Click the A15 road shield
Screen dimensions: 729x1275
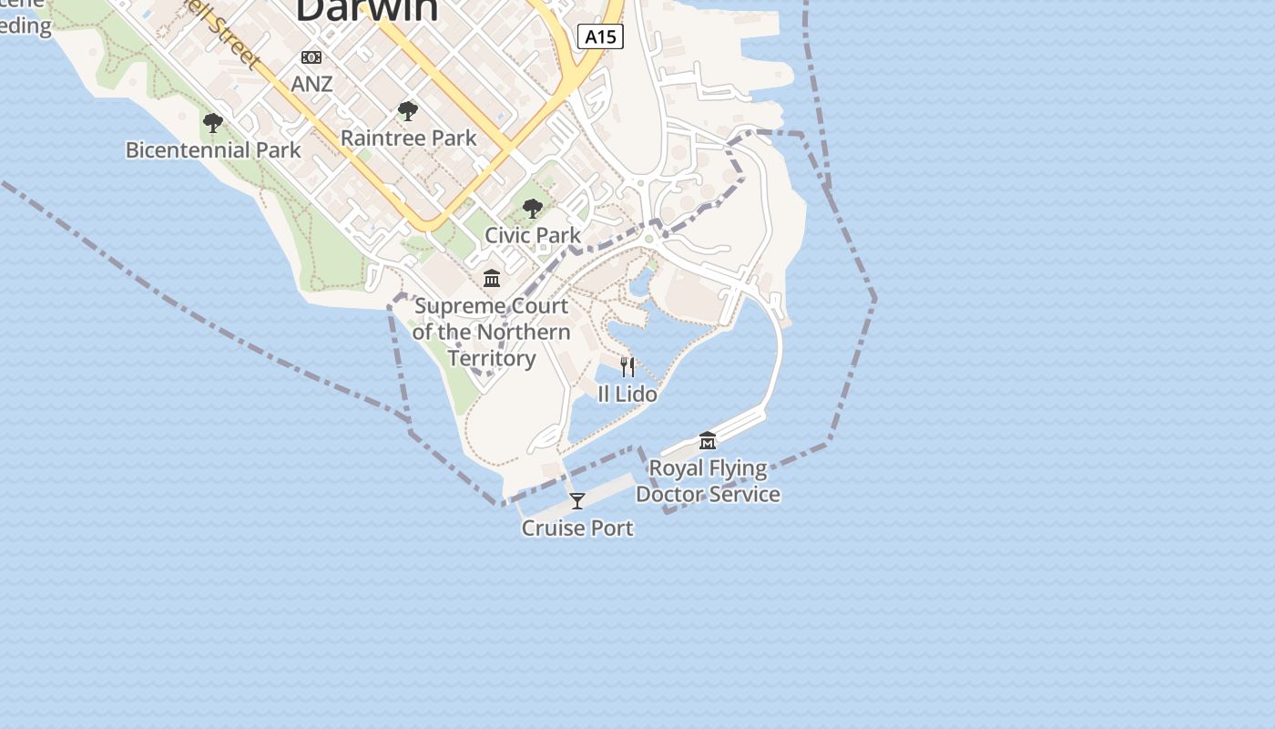600,37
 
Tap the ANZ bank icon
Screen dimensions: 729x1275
311,57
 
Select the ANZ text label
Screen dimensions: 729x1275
311,84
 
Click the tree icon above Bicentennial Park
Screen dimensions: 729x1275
213,123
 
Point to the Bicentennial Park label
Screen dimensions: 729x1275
213,149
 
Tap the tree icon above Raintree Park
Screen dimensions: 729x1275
408,112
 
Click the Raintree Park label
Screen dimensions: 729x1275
408,139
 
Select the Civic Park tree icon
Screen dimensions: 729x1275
533,209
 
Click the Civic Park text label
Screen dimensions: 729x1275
533,235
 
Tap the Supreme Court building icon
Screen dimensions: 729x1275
492,278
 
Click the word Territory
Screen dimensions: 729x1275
492,358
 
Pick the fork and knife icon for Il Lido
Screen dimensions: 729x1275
627,367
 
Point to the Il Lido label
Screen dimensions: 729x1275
627,394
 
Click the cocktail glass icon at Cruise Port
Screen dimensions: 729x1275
576,501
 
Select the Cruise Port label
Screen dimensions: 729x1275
576,528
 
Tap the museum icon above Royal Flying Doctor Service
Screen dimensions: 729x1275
708,442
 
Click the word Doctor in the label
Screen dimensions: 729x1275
670,495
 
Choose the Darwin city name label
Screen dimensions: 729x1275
367,9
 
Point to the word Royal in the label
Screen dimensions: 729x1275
676,468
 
